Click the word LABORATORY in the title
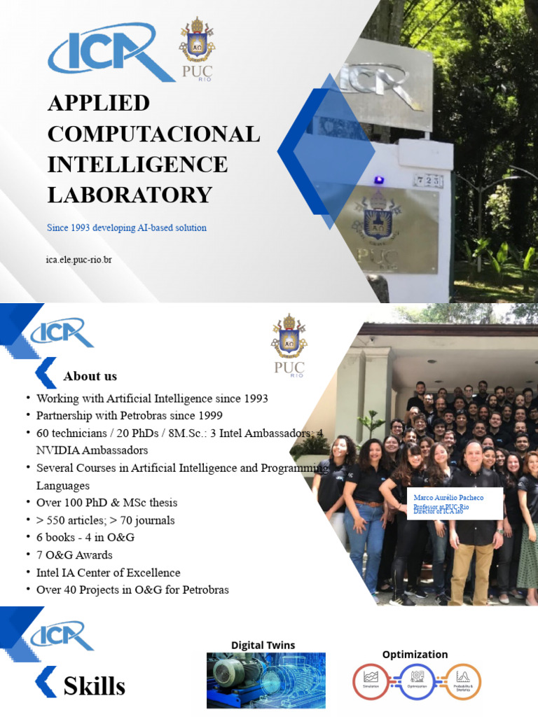click(x=130, y=194)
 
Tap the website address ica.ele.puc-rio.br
click(x=79, y=260)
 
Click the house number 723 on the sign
click(x=428, y=181)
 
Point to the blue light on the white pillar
click(x=379, y=180)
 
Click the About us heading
click(x=90, y=376)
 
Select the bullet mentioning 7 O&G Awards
click(x=74, y=555)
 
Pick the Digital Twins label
click(x=263, y=645)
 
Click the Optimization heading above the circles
click(x=415, y=654)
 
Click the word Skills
click(x=94, y=685)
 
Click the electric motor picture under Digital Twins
click(x=265, y=680)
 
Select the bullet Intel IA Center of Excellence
click(x=108, y=573)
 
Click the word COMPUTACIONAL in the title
click(x=153, y=133)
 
